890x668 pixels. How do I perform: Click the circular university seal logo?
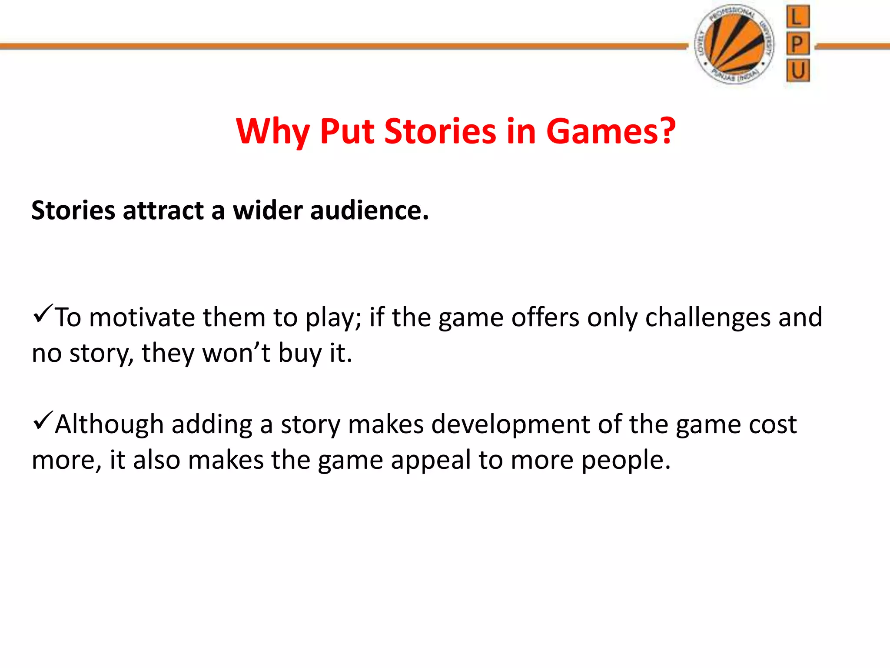735,45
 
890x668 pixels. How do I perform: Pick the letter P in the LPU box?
797,43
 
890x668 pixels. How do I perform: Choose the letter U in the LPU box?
797,70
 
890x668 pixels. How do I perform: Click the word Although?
109,424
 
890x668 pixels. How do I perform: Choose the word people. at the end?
626,461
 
